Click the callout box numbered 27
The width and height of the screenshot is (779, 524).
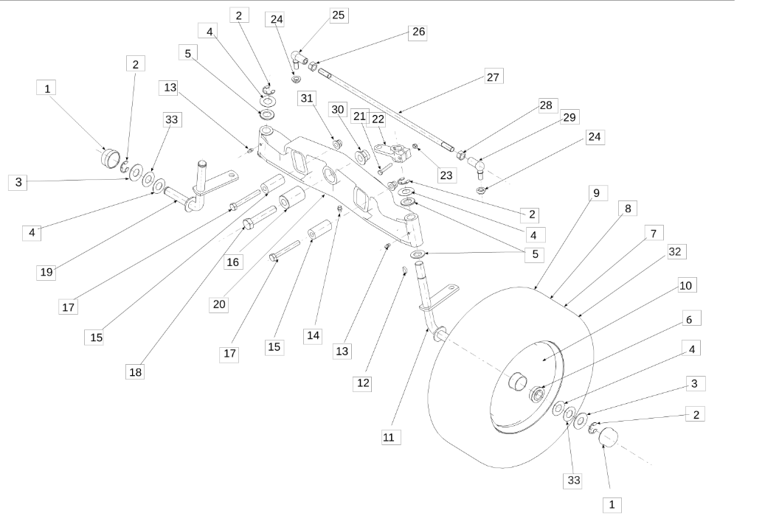click(494, 77)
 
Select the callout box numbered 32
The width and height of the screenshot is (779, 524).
click(674, 251)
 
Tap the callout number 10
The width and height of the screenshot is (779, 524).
click(685, 284)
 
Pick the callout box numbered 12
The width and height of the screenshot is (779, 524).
click(362, 383)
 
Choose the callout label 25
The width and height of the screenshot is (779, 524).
click(340, 15)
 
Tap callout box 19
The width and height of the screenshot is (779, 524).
click(47, 272)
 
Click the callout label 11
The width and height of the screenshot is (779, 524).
click(389, 437)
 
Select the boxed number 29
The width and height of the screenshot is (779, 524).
click(569, 117)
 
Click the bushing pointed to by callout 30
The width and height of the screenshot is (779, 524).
click(364, 156)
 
